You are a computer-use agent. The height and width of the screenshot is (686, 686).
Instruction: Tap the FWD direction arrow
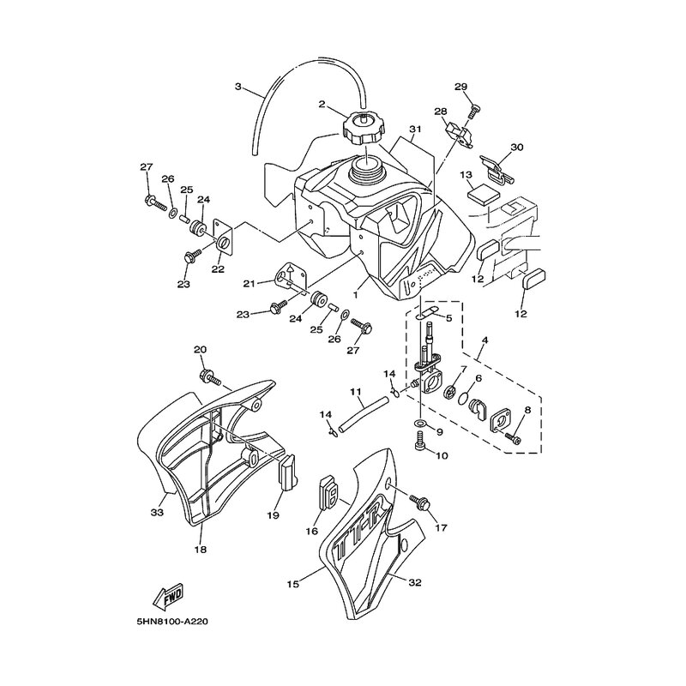[x=168, y=596]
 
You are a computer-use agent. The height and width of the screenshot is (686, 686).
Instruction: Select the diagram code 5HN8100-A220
[x=172, y=622]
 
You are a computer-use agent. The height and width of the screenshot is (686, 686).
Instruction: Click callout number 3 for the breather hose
[x=238, y=87]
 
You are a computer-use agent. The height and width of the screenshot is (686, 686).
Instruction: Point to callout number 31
[x=415, y=129]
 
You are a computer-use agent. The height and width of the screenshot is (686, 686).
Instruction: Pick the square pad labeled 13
[x=484, y=194]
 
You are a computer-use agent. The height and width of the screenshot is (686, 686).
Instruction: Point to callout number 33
[x=157, y=511]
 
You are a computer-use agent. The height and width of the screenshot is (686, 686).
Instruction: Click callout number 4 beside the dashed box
[x=484, y=340]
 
